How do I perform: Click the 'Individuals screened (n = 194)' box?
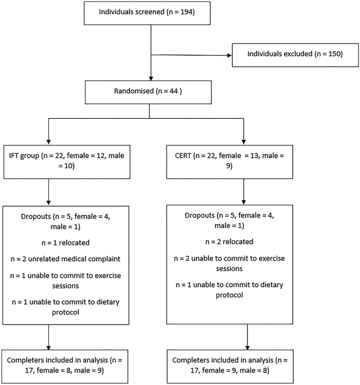click(151, 12)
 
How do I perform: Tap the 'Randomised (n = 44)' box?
click(150, 90)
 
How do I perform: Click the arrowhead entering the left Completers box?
click(49, 348)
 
